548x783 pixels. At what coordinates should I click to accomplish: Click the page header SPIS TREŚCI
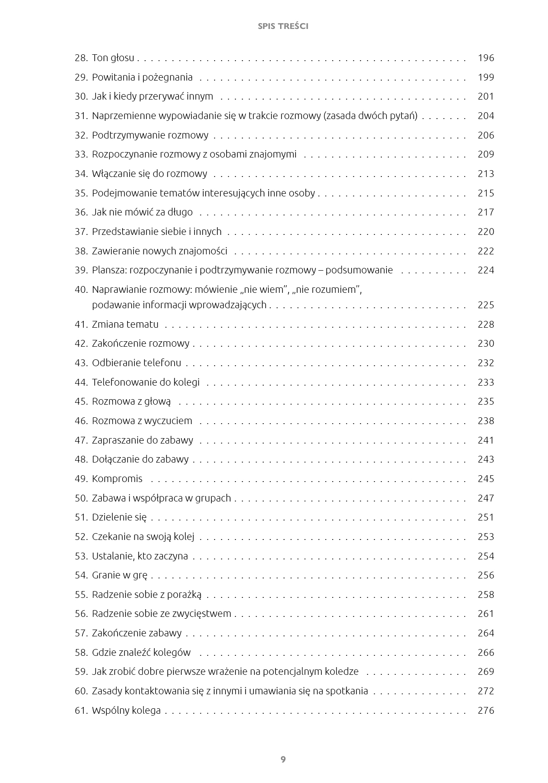283,26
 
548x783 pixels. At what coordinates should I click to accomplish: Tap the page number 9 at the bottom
283,759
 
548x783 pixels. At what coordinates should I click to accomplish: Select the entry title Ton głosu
113,58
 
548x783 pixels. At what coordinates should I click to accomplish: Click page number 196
486,58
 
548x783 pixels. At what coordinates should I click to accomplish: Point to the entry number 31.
81,116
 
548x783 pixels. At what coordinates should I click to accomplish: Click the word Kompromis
117,479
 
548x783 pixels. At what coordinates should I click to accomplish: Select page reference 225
486,305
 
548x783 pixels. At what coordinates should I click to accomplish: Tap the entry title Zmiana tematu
125,325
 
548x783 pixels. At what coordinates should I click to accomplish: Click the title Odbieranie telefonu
136,363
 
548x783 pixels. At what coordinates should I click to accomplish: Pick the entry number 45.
81,401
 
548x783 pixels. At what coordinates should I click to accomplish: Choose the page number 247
486,498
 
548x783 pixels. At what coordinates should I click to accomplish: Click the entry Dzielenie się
119,517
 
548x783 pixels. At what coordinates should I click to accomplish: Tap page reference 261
486,614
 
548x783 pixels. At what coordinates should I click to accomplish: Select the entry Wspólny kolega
126,711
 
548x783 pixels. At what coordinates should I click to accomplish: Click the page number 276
486,711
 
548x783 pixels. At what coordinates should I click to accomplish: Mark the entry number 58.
81,653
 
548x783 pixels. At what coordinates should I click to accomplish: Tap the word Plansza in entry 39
109,270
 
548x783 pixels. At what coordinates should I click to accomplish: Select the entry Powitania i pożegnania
142,77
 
